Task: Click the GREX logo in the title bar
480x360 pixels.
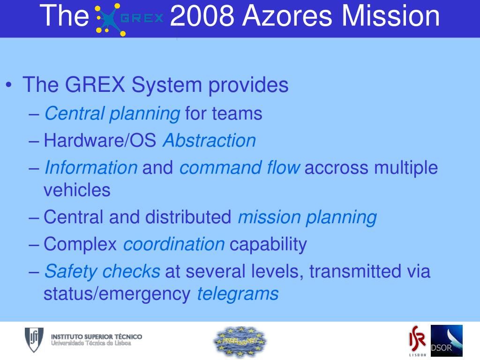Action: (129, 18)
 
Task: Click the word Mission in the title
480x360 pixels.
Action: (391, 16)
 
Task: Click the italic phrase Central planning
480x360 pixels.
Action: (112, 113)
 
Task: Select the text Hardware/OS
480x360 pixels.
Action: (100, 141)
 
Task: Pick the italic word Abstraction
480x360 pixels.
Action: (209, 141)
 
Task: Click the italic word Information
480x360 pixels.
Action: (91, 167)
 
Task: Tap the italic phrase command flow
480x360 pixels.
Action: (240, 167)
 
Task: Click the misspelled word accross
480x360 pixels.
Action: (337, 167)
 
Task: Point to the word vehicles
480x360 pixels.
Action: (77, 190)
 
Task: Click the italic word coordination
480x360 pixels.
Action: (174, 244)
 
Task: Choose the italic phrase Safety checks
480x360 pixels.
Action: (102, 271)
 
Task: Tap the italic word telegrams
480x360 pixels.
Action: (238, 294)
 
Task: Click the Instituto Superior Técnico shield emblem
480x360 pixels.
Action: (34, 340)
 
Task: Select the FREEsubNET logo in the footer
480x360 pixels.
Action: (240, 341)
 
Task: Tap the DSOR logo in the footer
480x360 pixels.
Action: (446, 341)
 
